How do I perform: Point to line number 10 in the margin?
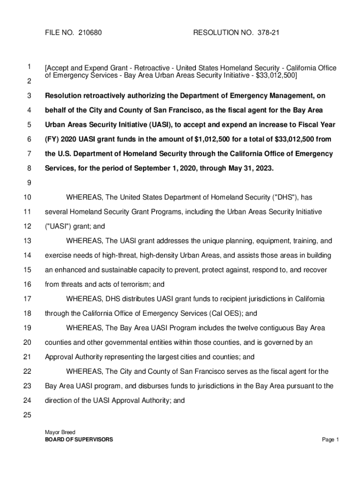tap(27, 198)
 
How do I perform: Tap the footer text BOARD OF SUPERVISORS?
tap(79, 440)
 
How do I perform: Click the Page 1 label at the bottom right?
tap(330, 440)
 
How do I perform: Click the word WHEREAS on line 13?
tap(85, 241)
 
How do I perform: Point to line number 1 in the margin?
tap(29, 67)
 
